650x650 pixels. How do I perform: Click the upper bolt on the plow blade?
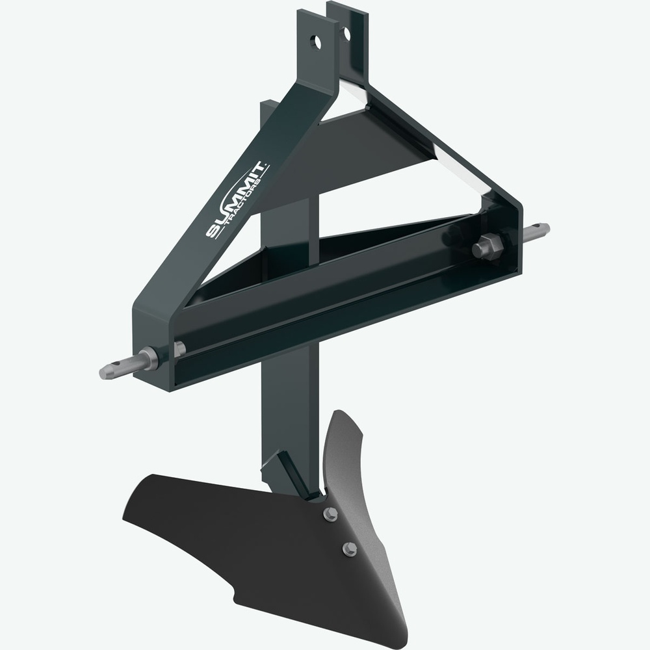[x=330, y=513]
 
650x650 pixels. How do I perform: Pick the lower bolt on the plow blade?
[x=350, y=549]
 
